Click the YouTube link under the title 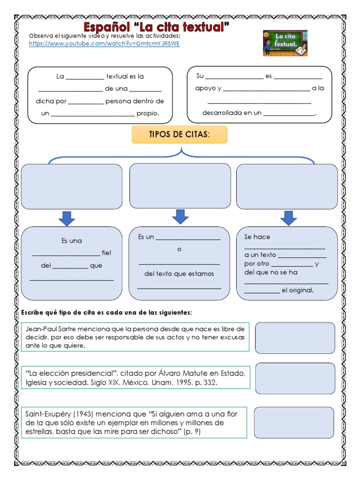click(x=104, y=44)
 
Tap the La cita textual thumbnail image click(x=285, y=43)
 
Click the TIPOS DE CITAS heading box click(x=180, y=135)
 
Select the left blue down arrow click(x=67, y=218)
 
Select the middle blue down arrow click(x=180, y=217)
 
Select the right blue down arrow click(x=288, y=218)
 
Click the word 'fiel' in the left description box click(x=106, y=253)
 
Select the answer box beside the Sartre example click(x=295, y=337)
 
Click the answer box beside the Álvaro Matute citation click(x=295, y=378)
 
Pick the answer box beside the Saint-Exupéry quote click(x=294, y=422)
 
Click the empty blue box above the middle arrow click(x=180, y=186)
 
